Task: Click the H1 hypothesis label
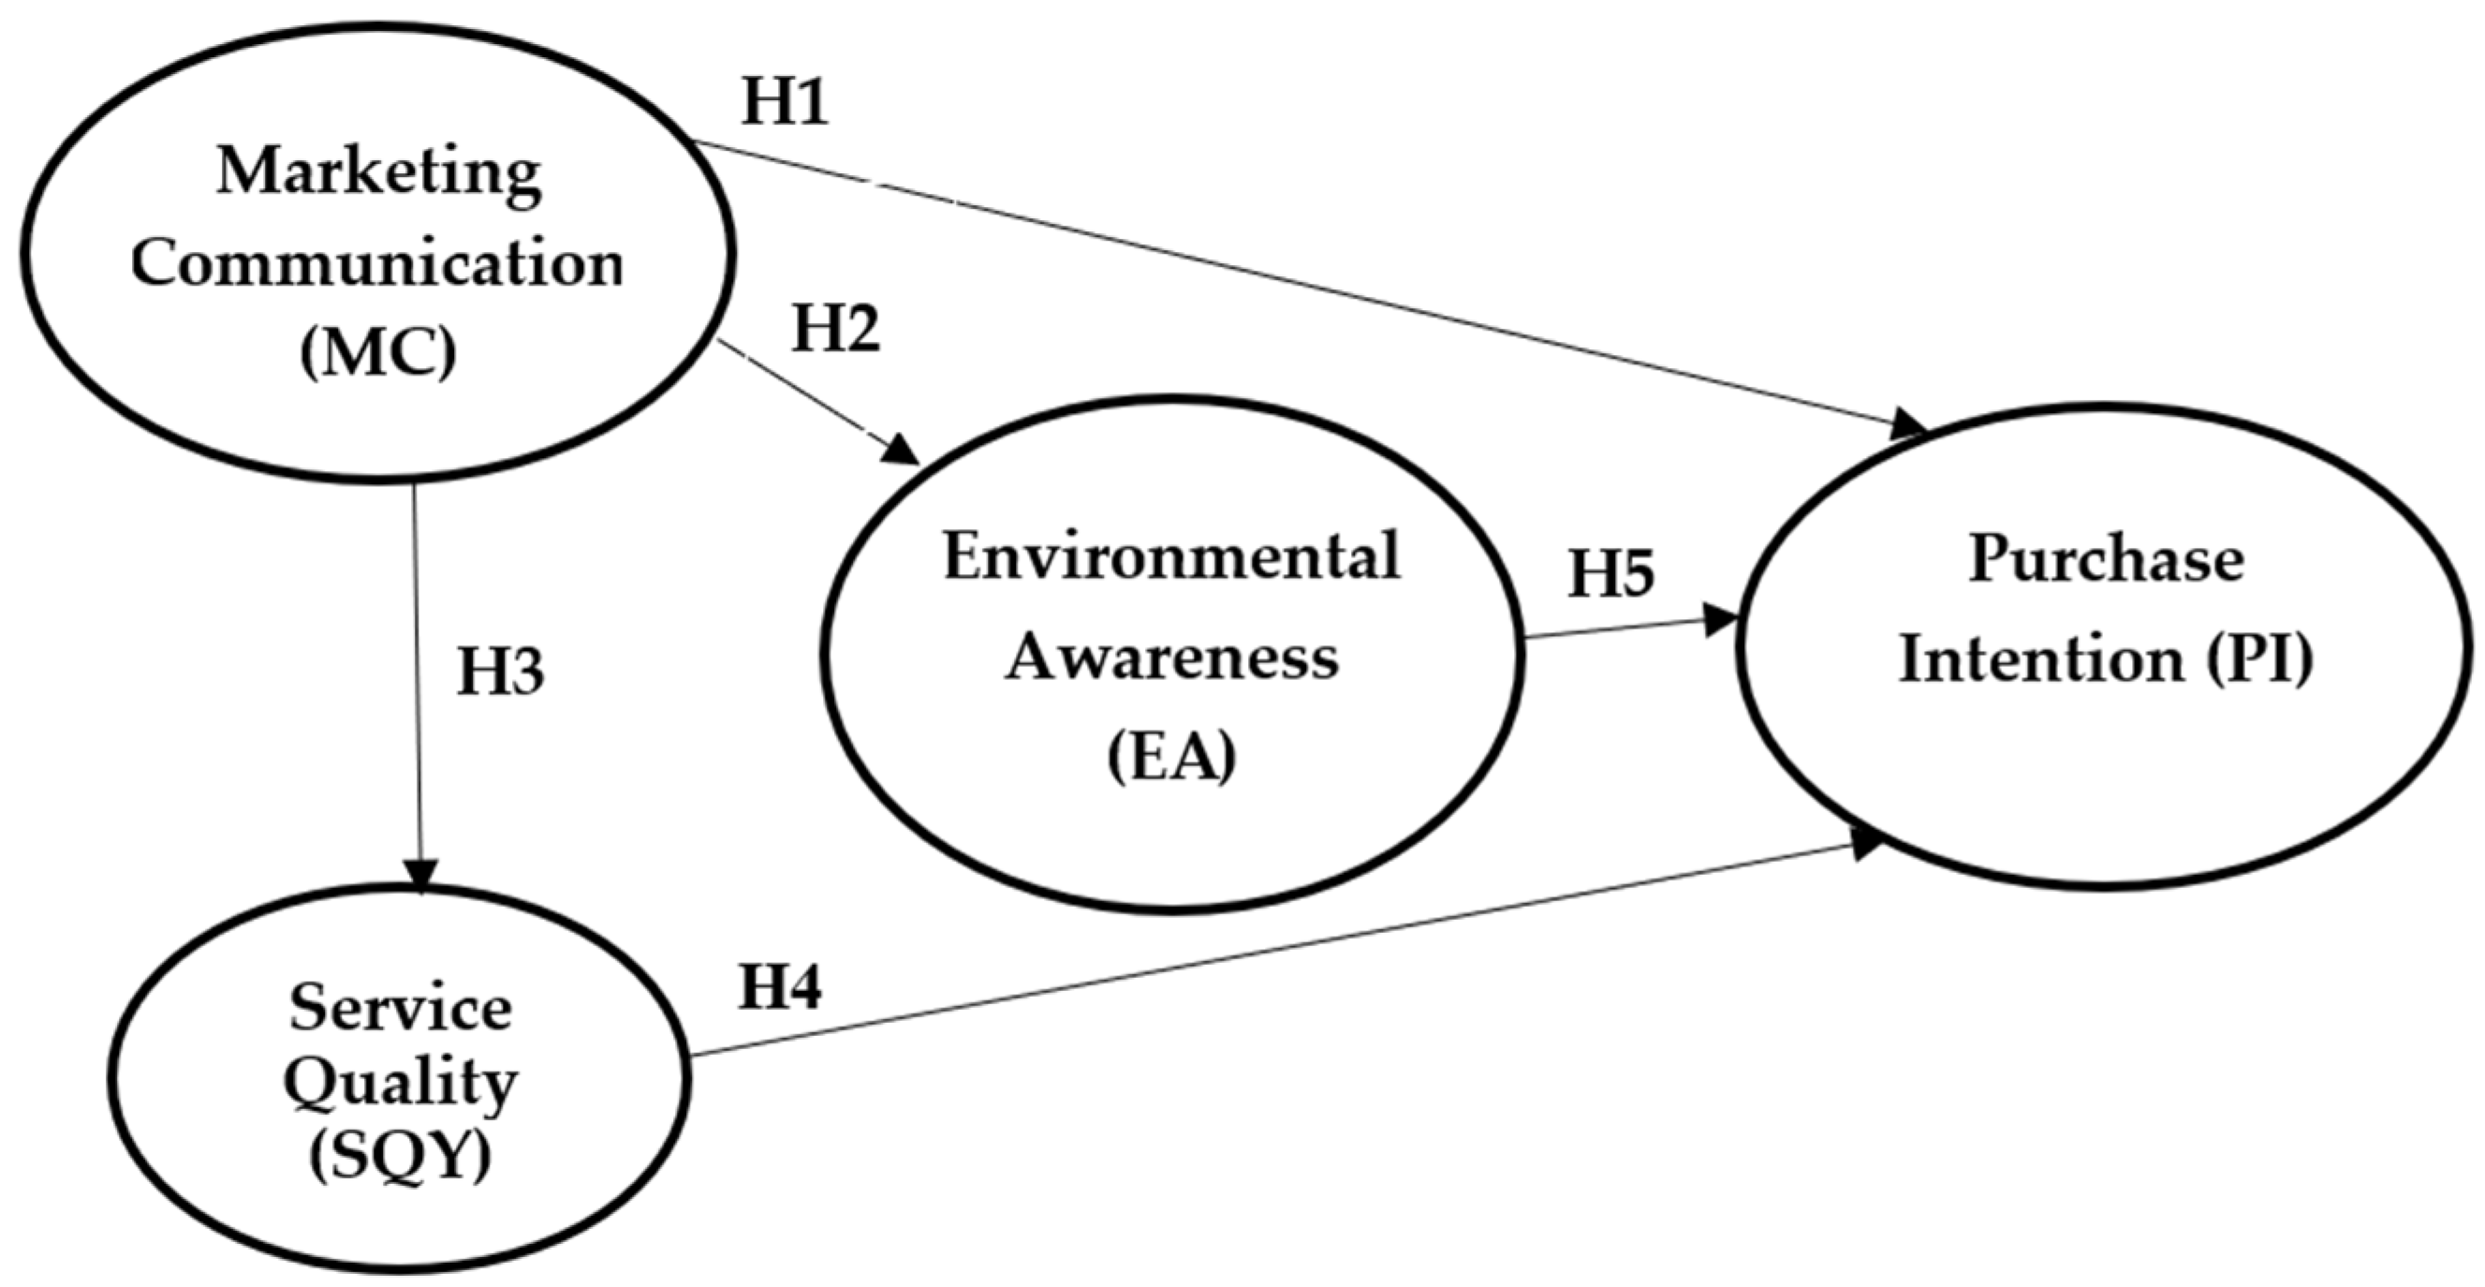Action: coord(785,102)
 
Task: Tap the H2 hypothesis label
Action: coord(835,330)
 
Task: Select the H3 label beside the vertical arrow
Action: coord(500,673)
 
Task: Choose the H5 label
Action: coord(1610,574)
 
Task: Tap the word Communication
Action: coord(377,263)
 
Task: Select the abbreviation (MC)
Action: coord(377,354)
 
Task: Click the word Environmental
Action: coord(1171,558)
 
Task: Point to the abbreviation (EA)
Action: coord(1171,759)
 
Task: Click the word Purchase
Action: coord(2106,560)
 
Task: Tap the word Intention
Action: coord(2040,662)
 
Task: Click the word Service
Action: coord(401,1009)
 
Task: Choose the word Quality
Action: coord(401,1085)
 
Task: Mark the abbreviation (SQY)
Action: coord(401,1157)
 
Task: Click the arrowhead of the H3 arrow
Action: coord(422,875)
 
